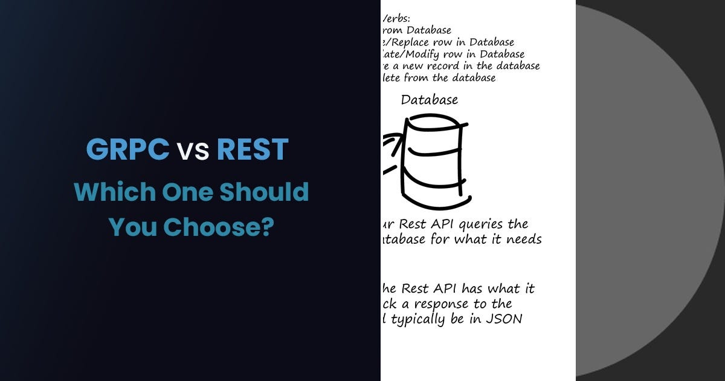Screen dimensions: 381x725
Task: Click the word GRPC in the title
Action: point(127,149)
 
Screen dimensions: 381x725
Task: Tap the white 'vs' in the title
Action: point(193,151)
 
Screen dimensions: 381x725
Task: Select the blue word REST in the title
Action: point(253,149)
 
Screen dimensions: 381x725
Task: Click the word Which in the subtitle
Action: point(112,192)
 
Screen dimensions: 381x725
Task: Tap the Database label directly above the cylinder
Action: point(430,100)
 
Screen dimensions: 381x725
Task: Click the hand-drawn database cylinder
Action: point(434,160)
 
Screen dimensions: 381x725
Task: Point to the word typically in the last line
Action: point(418,319)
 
